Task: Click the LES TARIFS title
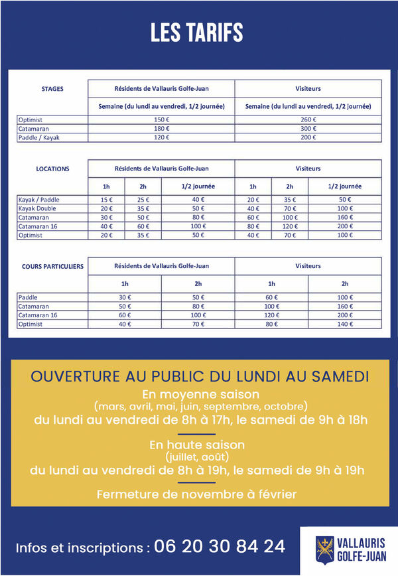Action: click(x=196, y=33)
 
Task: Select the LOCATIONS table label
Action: click(x=52, y=169)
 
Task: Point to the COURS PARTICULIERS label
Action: click(x=52, y=266)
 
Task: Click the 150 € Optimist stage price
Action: click(x=162, y=119)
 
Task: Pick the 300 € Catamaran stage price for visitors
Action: click(x=308, y=129)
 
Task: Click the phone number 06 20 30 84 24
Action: click(x=220, y=547)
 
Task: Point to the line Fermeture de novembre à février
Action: click(x=197, y=494)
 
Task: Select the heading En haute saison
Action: click(x=197, y=445)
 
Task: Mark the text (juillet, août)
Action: click(x=197, y=457)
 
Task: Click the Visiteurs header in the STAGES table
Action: click(x=308, y=88)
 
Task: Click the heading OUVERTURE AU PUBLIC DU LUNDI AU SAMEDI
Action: click(x=200, y=376)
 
